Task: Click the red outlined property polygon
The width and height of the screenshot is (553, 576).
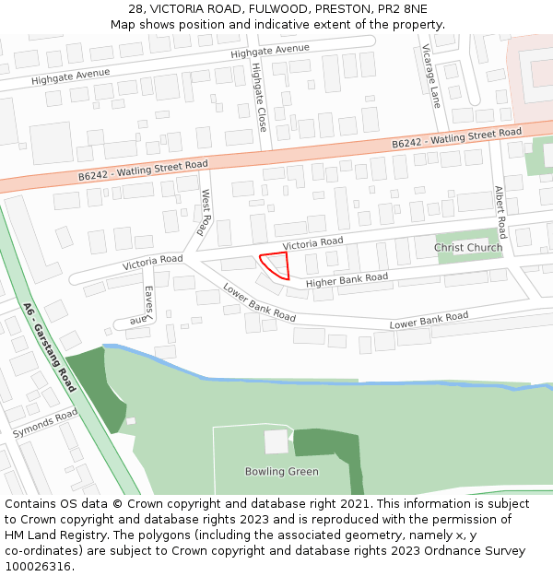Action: pos(276,265)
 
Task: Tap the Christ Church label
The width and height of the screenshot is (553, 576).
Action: pos(468,247)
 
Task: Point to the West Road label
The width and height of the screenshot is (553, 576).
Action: pos(206,213)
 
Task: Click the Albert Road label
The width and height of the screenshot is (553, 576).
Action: pos(500,212)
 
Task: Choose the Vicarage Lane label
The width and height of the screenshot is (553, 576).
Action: pos(430,76)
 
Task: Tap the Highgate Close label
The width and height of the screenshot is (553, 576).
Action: pos(260,97)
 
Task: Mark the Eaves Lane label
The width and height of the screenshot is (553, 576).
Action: pos(146,303)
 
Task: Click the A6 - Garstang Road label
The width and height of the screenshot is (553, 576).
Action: pos(51,346)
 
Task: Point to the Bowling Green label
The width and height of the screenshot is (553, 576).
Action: pos(281,472)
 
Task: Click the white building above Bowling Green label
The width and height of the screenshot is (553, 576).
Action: pos(276,441)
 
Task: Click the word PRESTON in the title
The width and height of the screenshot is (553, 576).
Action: pos(338,8)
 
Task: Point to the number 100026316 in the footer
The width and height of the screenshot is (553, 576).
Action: pos(39,567)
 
